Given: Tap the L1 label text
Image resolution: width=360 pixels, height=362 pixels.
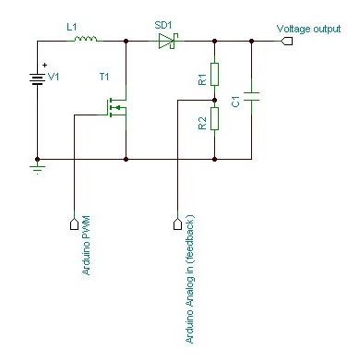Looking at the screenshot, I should pyautogui.click(x=72, y=29).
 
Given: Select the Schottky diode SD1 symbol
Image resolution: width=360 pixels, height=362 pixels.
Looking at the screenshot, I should pyautogui.click(x=167, y=41).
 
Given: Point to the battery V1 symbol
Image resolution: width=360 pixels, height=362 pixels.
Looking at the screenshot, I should pyautogui.click(x=38, y=78).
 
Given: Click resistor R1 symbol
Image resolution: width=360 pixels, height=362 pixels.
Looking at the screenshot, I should pyautogui.click(x=214, y=73).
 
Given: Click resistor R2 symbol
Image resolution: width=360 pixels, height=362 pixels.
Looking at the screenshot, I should pyautogui.click(x=214, y=118).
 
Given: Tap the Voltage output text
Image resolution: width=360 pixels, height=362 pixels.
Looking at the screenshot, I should pyautogui.click(x=309, y=29).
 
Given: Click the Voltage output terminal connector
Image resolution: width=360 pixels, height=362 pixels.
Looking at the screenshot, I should pyautogui.click(x=288, y=41).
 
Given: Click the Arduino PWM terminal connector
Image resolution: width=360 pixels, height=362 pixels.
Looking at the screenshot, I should pyautogui.click(x=74, y=223).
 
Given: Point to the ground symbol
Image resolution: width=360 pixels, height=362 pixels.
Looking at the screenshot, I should pyautogui.click(x=38, y=168).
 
